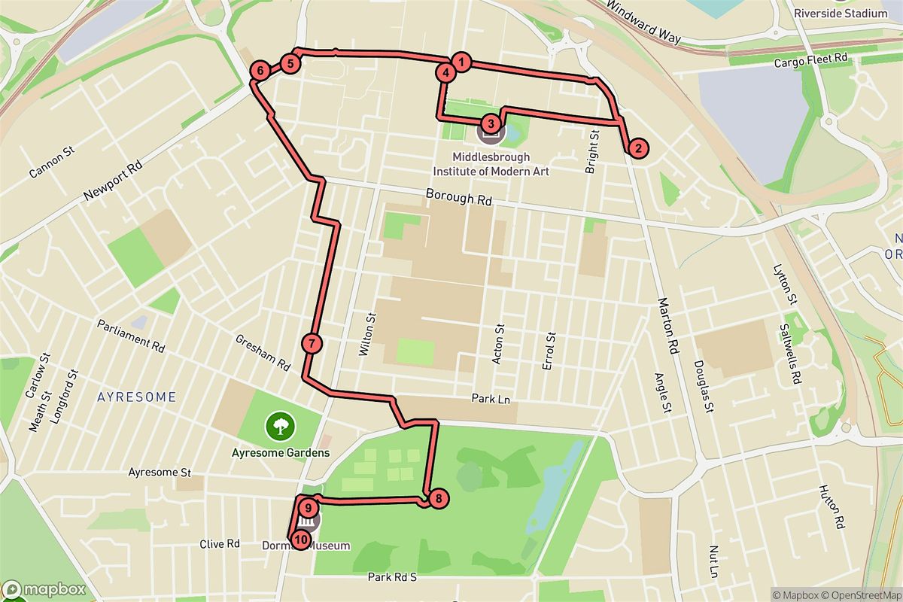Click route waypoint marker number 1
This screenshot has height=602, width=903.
pyautogui.click(x=461, y=62)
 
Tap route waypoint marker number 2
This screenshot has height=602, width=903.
pyautogui.click(x=637, y=148)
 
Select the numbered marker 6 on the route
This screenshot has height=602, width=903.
pyautogui.click(x=260, y=71)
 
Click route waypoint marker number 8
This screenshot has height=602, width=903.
pyautogui.click(x=437, y=497)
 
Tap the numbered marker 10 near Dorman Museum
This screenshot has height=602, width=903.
pyautogui.click(x=300, y=539)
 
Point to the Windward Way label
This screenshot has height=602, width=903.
pyautogui.click(x=642, y=26)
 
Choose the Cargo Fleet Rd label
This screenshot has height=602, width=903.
pyautogui.click(x=811, y=61)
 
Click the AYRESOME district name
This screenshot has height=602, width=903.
pyautogui.click(x=138, y=397)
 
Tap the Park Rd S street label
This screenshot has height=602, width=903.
pyautogui.click(x=391, y=577)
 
